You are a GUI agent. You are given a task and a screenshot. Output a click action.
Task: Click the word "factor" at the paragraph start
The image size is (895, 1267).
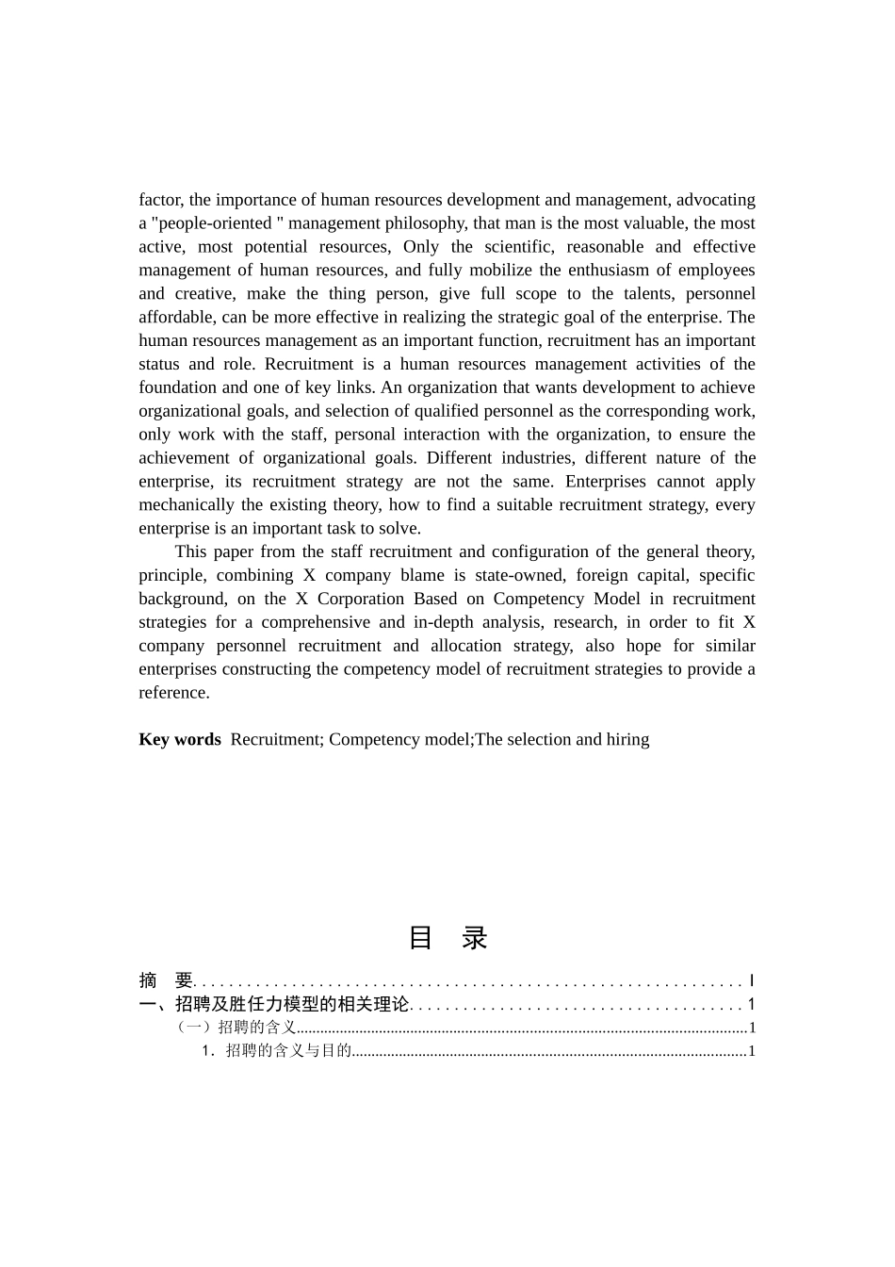(160, 200)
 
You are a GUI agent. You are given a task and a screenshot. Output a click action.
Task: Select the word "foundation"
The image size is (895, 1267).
(178, 387)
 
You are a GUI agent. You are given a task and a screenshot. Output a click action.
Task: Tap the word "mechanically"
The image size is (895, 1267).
(187, 505)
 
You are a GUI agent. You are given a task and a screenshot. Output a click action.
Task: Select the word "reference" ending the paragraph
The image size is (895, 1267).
(172, 693)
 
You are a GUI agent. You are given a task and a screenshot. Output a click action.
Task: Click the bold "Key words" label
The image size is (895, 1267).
(180, 739)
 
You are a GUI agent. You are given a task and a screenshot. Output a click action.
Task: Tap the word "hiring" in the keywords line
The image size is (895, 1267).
(627, 739)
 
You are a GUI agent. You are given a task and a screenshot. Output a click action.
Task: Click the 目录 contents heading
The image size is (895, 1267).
(447, 938)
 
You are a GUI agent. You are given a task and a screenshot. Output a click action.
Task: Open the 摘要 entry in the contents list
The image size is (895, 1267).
(166, 980)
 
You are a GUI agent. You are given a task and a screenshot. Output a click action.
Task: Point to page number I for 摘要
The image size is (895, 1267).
(751, 980)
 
